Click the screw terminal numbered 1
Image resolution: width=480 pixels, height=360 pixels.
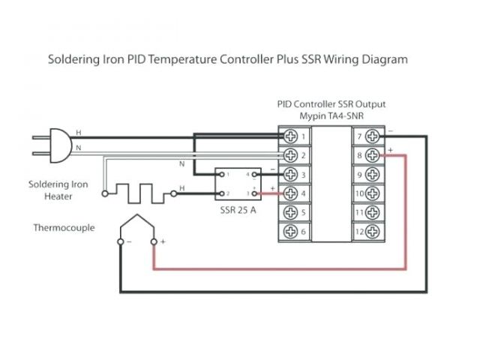tap(290, 137)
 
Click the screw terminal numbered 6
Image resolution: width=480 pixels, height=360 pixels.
tap(290, 232)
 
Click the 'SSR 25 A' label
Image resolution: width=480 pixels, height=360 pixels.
tap(237, 210)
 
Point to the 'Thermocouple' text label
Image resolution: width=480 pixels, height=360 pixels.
tap(64, 227)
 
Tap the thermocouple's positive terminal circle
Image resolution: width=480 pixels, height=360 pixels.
tap(154, 241)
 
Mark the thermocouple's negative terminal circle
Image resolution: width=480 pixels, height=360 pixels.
tap(121, 241)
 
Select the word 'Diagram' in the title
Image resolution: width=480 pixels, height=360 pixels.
tap(383, 58)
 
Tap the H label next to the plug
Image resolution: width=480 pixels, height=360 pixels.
tap(79, 133)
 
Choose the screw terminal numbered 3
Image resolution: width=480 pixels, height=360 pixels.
tap(290, 175)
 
